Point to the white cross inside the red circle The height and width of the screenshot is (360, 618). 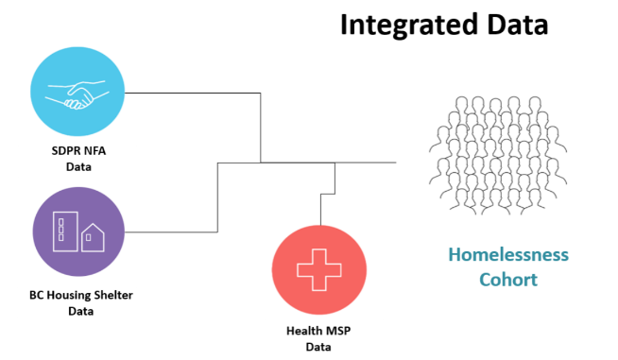(x=318, y=270)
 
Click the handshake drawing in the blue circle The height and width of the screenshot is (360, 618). (x=77, y=93)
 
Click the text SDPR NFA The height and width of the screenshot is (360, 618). (x=77, y=151)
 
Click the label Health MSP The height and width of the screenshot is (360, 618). (x=318, y=332)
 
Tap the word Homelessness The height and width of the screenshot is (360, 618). (x=507, y=255)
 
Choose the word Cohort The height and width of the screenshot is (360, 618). (x=507, y=280)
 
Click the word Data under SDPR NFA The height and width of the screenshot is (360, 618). (x=77, y=166)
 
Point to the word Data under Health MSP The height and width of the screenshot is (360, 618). (x=318, y=347)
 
